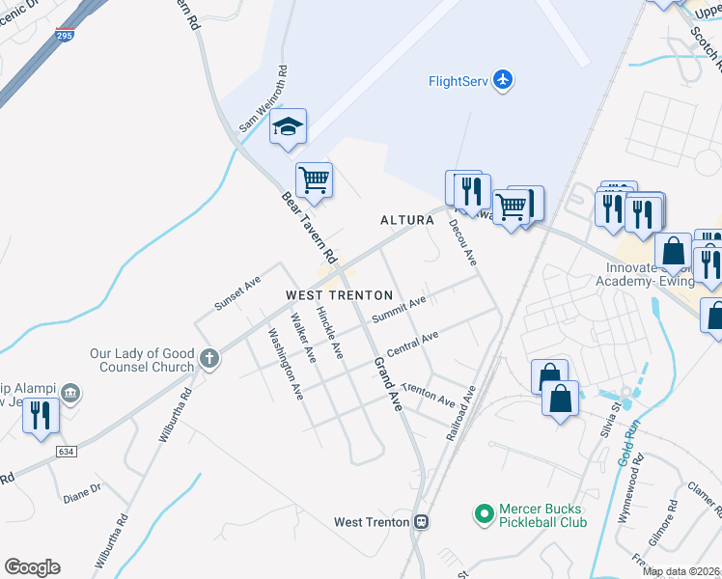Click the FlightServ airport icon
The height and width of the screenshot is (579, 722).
(x=502, y=80)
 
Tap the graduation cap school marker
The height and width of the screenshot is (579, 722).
(x=288, y=126)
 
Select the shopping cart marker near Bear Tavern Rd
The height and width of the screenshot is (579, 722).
(x=314, y=179)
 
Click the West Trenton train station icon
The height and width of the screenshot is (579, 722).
(x=421, y=522)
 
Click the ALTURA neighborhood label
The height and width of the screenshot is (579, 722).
(x=406, y=220)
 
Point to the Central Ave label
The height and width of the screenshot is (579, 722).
(x=412, y=344)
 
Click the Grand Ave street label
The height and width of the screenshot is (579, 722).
(x=387, y=384)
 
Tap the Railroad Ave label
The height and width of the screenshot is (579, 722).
(x=462, y=414)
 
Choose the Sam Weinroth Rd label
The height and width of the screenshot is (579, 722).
(x=264, y=99)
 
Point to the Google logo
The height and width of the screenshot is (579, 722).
(x=32, y=567)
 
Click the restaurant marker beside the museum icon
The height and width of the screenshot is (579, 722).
(x=40, y=416)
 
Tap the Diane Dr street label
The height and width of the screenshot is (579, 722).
(x=82, y=490)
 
